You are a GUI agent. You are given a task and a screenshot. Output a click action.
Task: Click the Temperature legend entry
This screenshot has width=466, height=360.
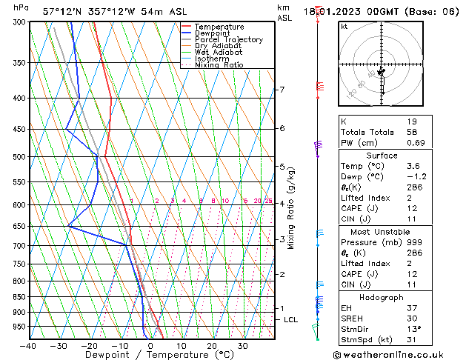click(219, 27)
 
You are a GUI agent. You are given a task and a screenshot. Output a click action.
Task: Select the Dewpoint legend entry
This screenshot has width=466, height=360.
click(213, 33)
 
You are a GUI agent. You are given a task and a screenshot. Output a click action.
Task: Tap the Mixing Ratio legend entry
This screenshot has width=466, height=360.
click(219, 65)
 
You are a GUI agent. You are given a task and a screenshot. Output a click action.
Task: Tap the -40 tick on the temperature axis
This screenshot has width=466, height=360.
click(29, 346)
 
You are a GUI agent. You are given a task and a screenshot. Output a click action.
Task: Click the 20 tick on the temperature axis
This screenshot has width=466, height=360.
click(212, 346)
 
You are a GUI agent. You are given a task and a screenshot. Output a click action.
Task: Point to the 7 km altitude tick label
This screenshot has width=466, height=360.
click(282, 90)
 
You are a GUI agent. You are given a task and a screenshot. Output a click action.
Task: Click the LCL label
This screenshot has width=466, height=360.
click(291, 320)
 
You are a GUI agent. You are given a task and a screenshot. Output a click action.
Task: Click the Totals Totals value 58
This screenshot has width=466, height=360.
click(412, 132)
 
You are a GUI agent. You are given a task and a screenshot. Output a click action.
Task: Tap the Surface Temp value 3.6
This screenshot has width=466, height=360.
click(413, 167)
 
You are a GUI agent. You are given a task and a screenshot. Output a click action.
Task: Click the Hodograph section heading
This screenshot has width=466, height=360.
click(382, 297)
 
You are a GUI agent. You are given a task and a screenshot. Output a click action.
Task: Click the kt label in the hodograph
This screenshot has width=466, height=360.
click(344, 27)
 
